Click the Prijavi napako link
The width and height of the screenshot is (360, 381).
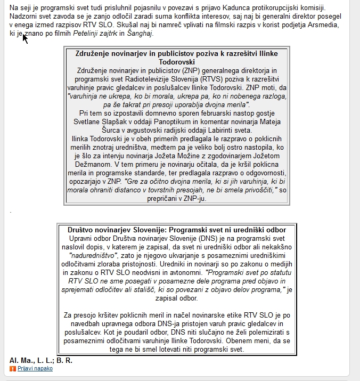click(x=35, y=368)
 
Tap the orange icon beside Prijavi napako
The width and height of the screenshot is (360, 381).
click(x=13, y=368)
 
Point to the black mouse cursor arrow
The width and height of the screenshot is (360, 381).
click(x=24, y=38)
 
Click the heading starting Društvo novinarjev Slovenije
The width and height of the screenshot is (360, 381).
click(x=177, y=229)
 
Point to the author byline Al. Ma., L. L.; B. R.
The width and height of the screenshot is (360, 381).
click(x=41, y=360)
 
